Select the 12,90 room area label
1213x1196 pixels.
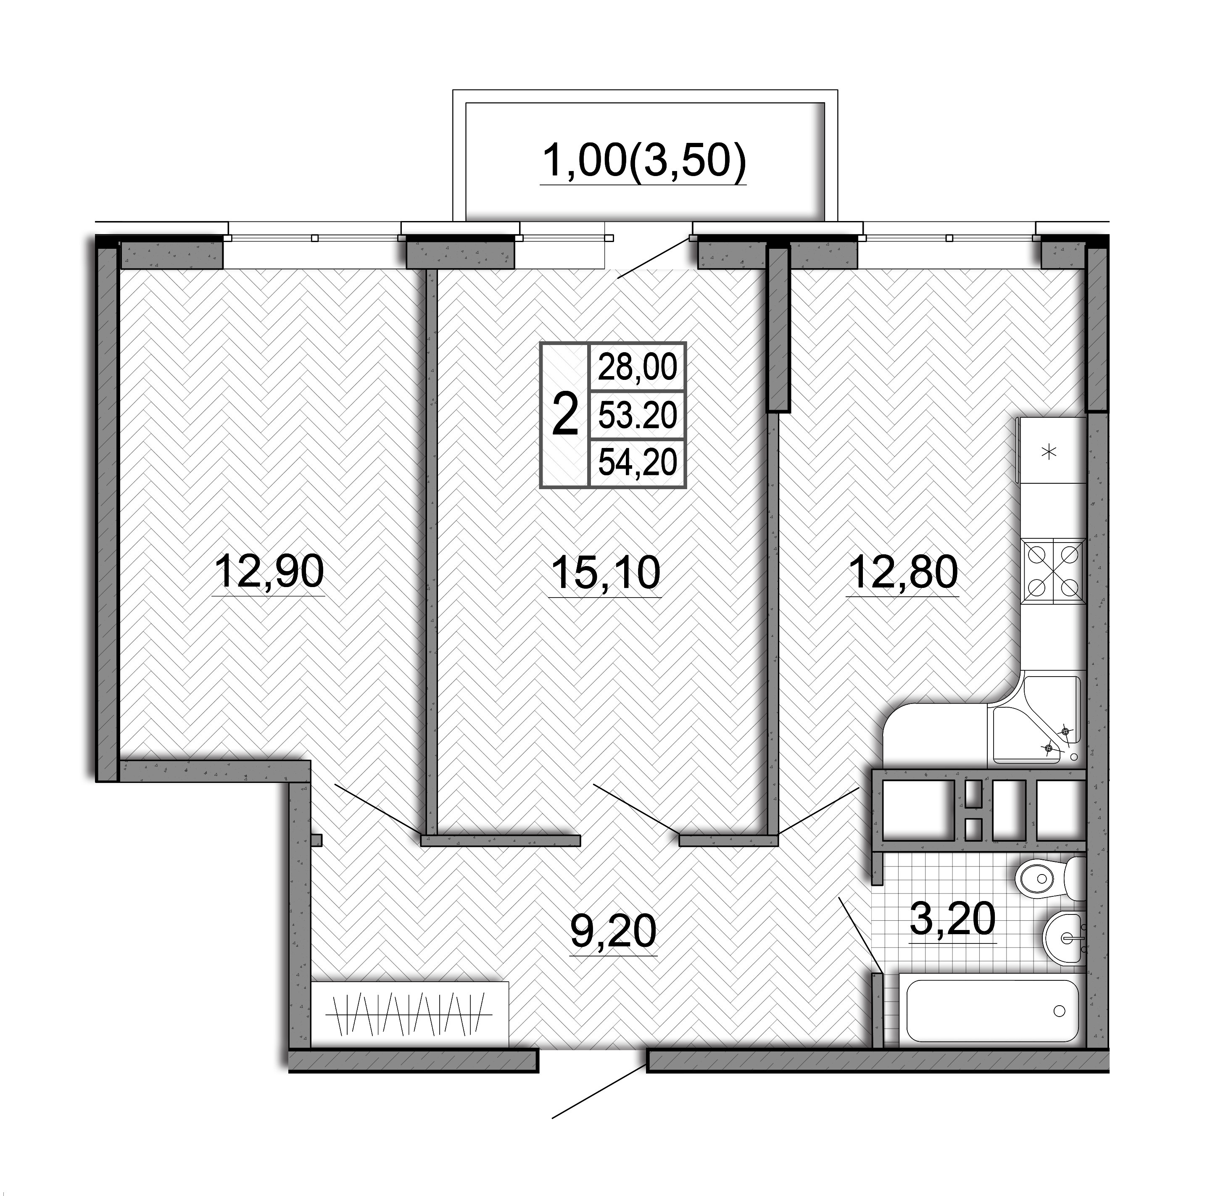tap(269, 572)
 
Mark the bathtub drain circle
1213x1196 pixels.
tap(1060, 1011)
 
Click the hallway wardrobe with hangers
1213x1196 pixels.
tap(409, 1015)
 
